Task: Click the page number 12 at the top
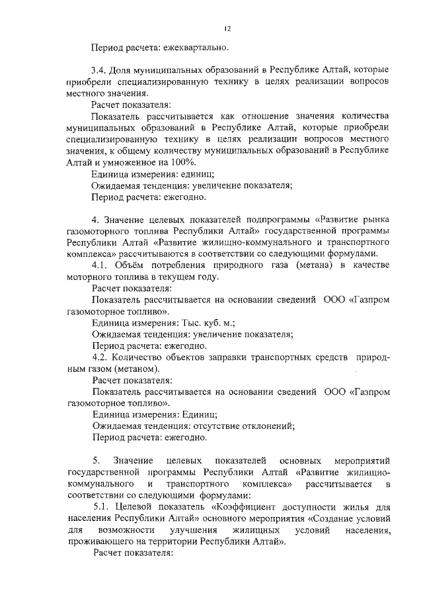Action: point(227,28)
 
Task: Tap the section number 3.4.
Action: point(100,70)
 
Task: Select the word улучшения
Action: point(195,530)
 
